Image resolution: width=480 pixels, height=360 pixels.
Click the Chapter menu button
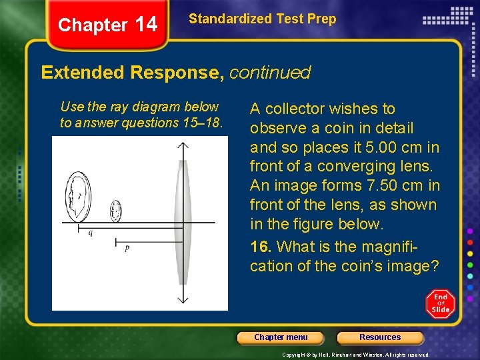(281, 337)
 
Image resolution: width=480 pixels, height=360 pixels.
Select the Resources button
(380, 337)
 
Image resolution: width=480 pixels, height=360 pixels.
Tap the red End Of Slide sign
(441, 303)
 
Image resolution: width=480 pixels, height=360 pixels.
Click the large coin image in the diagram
(77, 197)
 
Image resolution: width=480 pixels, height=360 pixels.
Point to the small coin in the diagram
(116, 211)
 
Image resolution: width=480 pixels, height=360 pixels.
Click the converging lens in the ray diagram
(180, 223)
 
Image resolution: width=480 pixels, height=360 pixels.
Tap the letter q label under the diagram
(91, 233)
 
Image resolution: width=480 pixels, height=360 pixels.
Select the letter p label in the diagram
(127, 248)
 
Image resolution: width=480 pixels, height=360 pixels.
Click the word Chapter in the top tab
(92, 25)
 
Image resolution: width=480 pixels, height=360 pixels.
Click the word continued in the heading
(270, 72)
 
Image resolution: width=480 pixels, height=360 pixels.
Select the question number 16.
(259, 247)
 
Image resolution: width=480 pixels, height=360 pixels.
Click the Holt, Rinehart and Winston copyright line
(356, 355)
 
